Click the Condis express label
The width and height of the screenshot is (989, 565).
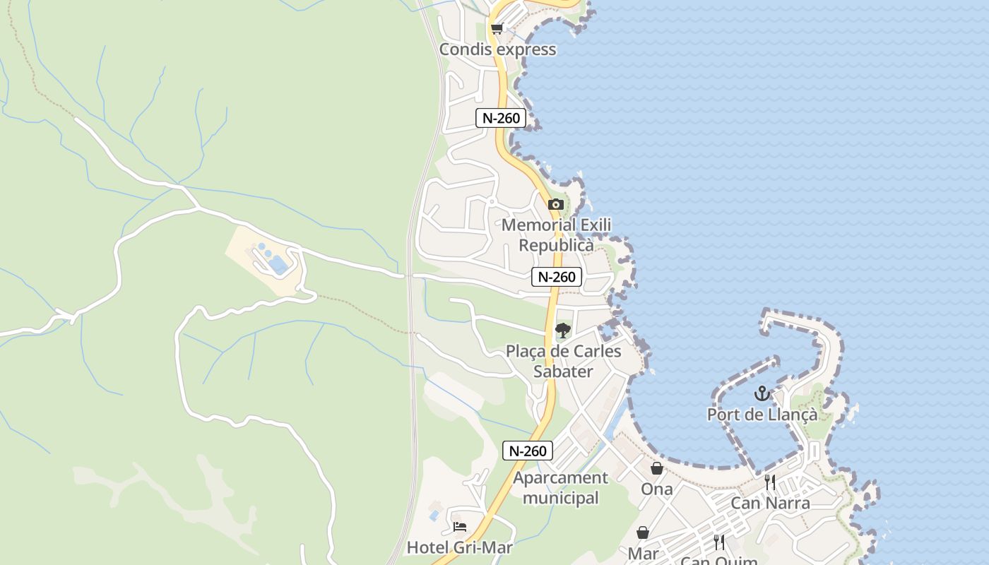[497, 49]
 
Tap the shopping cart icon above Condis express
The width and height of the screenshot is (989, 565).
[497, 29]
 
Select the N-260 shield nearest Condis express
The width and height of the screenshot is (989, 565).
[501, 118]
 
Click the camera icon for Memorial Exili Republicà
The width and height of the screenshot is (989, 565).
[556, 205]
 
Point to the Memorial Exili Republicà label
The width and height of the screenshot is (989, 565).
[556, 235]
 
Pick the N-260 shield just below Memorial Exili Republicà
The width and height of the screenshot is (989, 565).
[557, 277]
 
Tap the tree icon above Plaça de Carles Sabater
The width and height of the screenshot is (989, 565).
[563, 330]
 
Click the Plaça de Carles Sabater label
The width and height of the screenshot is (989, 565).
[563, 361]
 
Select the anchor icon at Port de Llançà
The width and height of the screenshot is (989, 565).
[762, 393]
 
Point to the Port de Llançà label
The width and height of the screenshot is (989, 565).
[762, 415]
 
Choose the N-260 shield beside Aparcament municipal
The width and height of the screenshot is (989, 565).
[527, 451]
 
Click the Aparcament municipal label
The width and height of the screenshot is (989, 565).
[560, 488]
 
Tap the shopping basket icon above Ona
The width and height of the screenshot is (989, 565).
[656, 468]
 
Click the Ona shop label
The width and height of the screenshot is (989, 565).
[656, 489]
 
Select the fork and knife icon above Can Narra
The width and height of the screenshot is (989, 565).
[770, 482]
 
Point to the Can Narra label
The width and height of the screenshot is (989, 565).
[770, 504]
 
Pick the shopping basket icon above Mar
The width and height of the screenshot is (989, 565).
[643, 533]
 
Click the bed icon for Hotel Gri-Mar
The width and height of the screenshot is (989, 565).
[460, 527]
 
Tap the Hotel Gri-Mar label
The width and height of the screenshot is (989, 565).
[459, 547]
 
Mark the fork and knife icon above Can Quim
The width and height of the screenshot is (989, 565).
[719, 542]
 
